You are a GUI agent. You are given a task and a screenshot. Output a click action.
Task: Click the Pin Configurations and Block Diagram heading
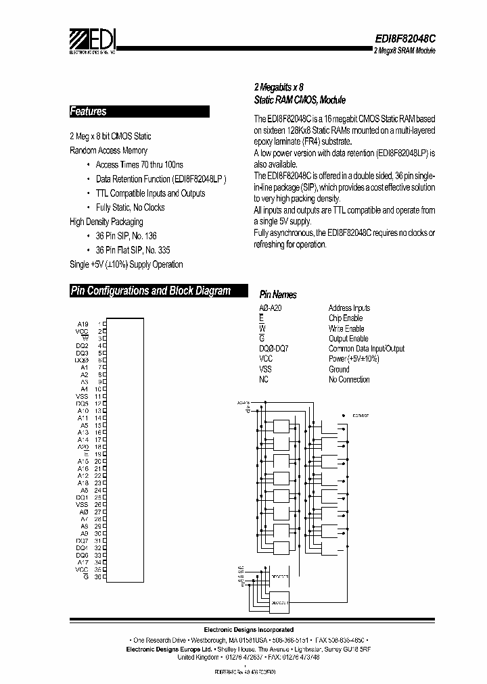pyautogui.click(x=150, y=291)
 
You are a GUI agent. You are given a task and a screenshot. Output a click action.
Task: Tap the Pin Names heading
pyautogui.click(x=278, y=295)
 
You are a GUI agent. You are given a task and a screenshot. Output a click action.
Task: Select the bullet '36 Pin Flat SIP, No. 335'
pyautogui.click(x=130, y=250)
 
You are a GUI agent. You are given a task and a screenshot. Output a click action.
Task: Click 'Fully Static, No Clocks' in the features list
pyautogui.click(x=130, y=207)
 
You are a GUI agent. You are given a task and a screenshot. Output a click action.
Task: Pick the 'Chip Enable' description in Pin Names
pyautogui.click(x=346, y=318)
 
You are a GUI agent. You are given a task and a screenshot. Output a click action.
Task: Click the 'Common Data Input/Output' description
pyautogui.click(x=367, y=349)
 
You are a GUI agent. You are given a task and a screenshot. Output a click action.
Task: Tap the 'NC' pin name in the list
pyautogui.click(x=264, y=379)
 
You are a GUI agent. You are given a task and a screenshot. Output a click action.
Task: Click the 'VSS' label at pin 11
pyautogui.click(x=82, y=396)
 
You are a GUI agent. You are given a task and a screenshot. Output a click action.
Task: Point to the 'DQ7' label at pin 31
pyautogui.click(x=82, y=540)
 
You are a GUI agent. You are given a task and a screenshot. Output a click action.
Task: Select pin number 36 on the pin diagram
pyautogui.click(x=97, y=577)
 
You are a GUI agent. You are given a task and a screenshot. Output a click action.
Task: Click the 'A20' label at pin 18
pyautogui.click(x=83, y=447)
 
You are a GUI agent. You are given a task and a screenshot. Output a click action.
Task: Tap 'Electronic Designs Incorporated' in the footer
pyautogui.click(x=250, y=629)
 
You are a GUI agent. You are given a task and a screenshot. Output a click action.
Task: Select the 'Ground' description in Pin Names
pyautogui.click(x=339, y=369)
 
